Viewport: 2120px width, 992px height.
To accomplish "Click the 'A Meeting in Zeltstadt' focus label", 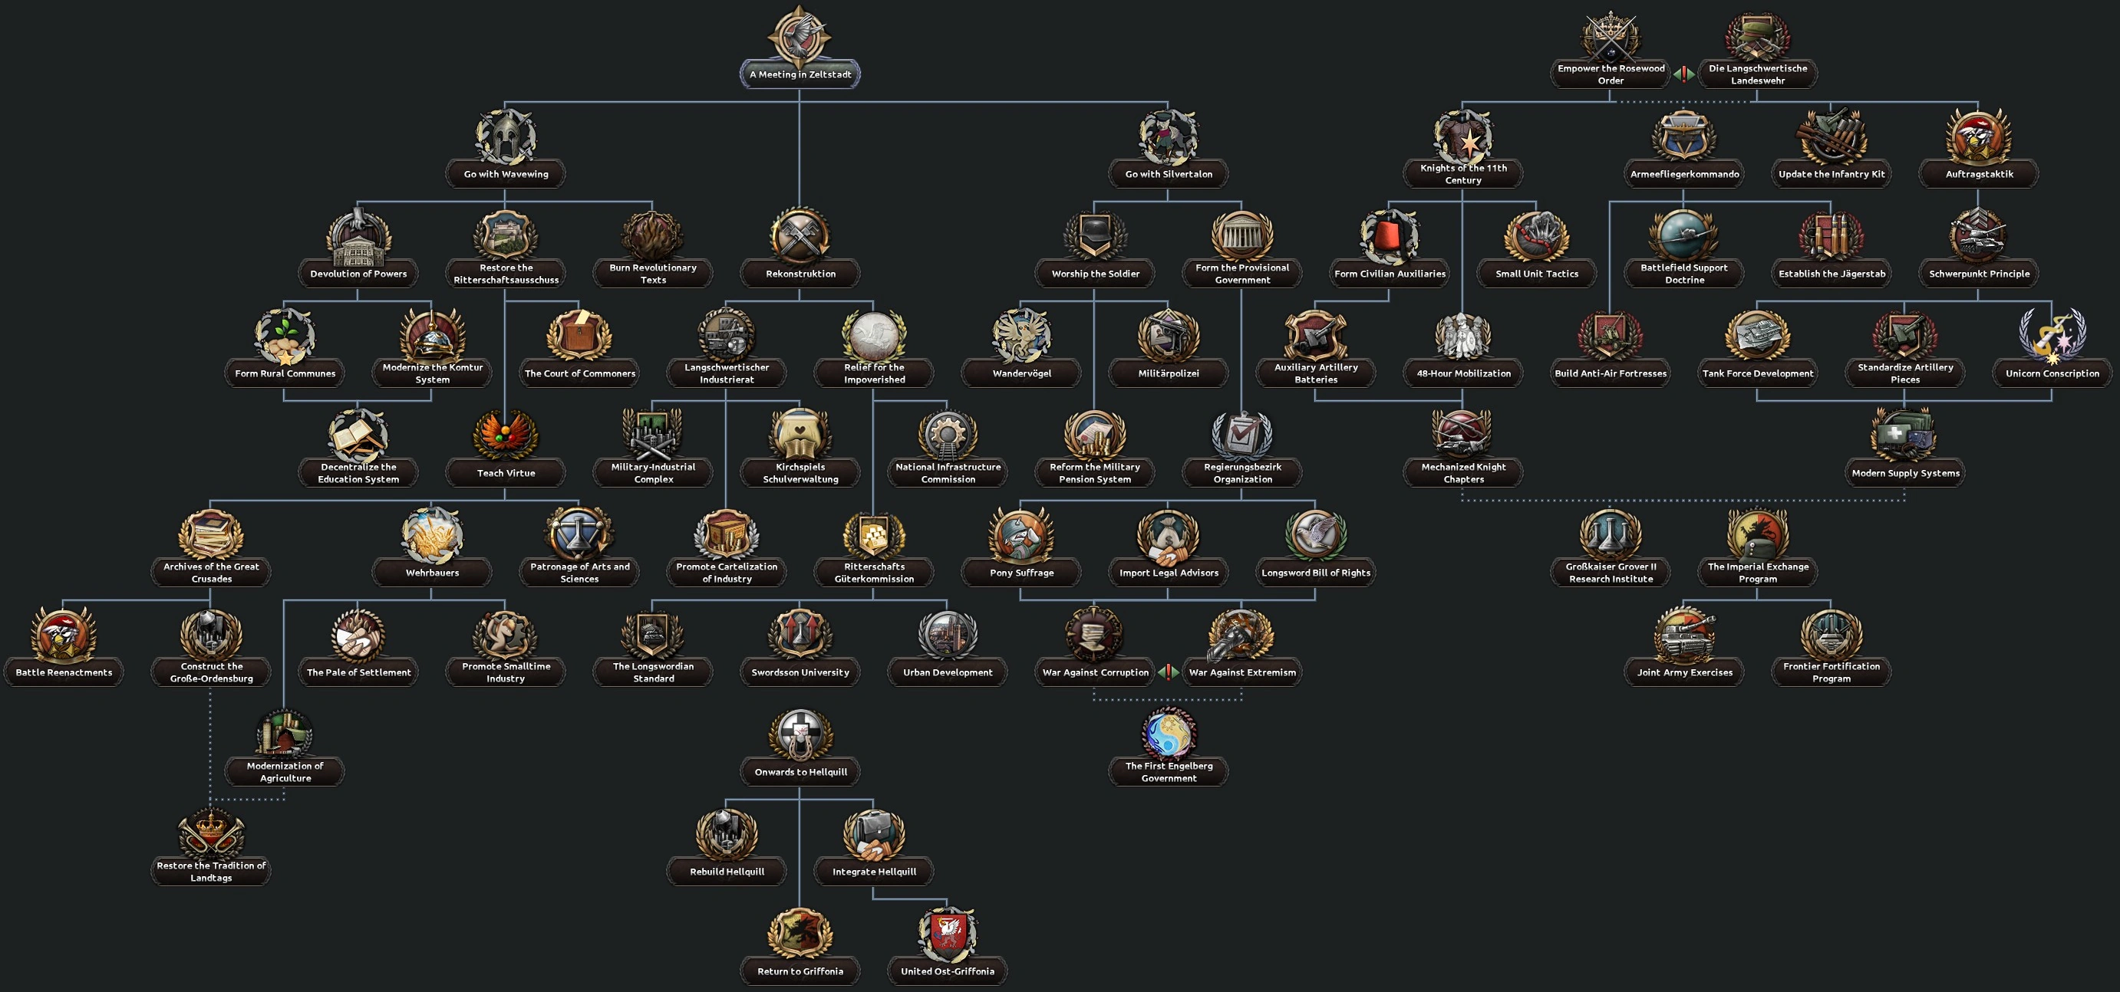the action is click(800, 74).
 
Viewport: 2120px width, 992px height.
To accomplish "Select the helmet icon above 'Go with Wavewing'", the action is click(506, 136).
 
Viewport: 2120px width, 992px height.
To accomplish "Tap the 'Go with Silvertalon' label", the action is click(1168, 173).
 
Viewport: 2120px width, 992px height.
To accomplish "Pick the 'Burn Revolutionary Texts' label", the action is click(653, 273).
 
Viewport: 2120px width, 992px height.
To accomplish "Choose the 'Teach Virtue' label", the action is click(506, 473).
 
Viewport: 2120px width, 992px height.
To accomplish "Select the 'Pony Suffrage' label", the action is click(1021, 573).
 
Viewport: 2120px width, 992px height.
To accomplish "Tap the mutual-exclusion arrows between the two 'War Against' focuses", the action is click(1169, 672).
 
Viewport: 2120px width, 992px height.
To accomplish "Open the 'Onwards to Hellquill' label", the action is click(800, 771).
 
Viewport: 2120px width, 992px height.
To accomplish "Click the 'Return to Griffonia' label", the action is click(800, 971).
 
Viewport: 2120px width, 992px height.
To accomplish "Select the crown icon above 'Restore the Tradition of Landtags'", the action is click(212, 833).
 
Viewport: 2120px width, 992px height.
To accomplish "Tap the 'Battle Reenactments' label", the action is click(64, 672).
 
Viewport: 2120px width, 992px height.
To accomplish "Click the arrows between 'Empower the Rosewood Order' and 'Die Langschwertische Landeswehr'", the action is click(1684, 74).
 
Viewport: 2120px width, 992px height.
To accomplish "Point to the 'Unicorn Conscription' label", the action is click(2052, 373).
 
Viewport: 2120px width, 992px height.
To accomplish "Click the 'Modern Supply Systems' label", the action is click(1905, 473).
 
